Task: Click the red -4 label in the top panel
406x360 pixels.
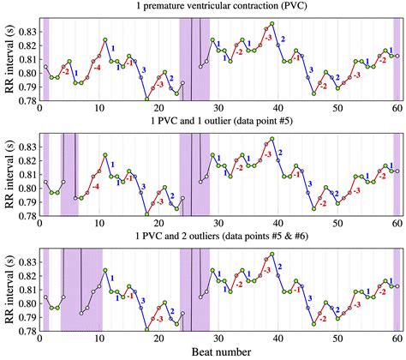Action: (x=97, y=67)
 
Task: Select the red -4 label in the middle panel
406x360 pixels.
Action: (x=95, y=186)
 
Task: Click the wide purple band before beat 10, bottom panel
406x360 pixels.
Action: (x=81, y=289)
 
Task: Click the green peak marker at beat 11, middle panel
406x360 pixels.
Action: (x=105, y=155)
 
